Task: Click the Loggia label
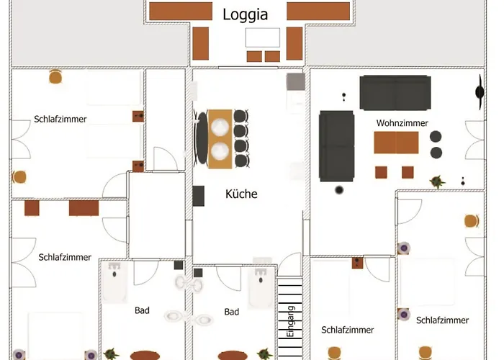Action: (246, 14)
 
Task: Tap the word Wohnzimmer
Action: (402, 123)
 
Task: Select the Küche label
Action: (241, 194)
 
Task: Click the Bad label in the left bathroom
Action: (142, 311)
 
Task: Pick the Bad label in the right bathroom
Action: (231, 312)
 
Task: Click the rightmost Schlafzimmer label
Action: (443, 320)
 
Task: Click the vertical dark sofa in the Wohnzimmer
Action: (336, 146)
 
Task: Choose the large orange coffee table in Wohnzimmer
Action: (395, 143)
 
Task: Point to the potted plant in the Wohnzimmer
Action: (436, 181)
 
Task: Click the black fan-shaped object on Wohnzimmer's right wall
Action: (478, 90)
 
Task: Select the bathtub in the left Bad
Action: (115, 282)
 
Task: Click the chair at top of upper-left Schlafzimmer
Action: (55, 77)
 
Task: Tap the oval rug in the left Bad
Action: (145, 355)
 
